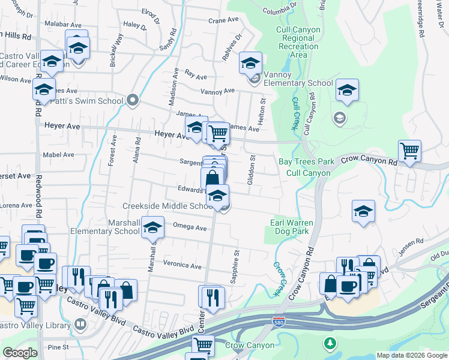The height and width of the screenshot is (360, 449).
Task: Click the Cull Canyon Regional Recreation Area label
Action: (298, 42)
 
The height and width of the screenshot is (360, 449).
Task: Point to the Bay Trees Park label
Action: (306, 162)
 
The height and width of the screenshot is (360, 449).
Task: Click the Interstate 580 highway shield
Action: (279, 322)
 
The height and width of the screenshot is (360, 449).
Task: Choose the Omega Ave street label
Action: (189, 228)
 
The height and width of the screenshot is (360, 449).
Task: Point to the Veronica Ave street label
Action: (182, 265)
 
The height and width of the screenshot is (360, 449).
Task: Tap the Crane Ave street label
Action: (224, 20)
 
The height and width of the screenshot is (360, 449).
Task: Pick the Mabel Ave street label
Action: (58, 154)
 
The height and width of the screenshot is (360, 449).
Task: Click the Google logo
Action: (20, 353)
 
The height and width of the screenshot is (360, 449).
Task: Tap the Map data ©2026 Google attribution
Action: (411, 355)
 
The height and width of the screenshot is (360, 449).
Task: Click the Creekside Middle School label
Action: (167, 206)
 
